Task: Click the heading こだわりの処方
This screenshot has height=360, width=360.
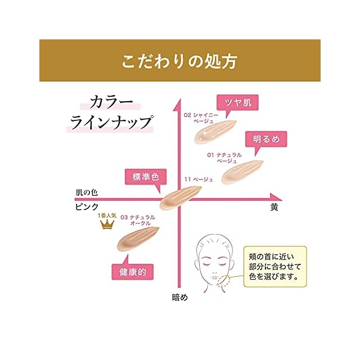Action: click(180, 61)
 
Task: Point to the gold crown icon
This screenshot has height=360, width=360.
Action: click(106, 224)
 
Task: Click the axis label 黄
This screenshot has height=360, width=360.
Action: click(274, 207)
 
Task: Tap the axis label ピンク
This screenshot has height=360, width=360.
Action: click(87, 207)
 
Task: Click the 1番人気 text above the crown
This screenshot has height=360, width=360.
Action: click(106, 215)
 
